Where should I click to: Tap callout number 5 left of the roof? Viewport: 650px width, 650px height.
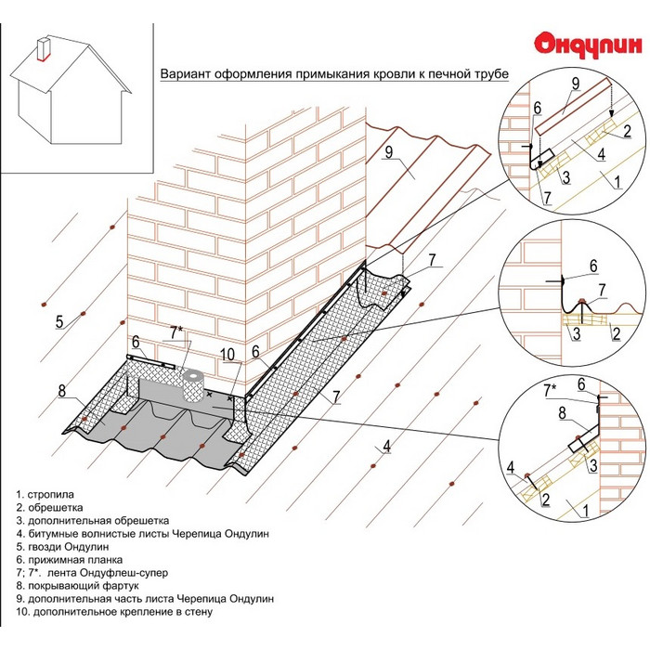[58, 322]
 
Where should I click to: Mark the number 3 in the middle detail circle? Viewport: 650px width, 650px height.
[576, 331]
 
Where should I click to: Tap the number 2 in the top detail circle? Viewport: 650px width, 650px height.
[627, 133]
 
